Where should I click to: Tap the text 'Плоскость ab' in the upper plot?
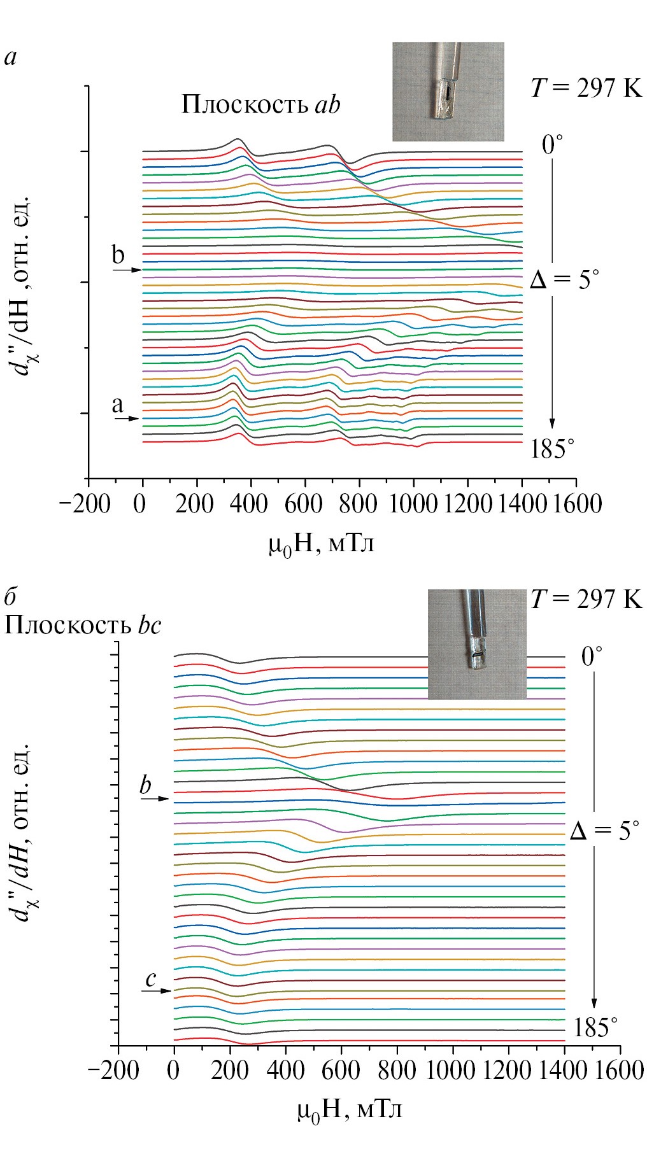[x=260, y=104]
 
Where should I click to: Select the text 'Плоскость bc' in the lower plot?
[x=83, y=626]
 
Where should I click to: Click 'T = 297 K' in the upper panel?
[x=587, y=88]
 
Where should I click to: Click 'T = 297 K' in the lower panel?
[x=587, y=599]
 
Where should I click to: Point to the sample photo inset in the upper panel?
[x=448, y=92]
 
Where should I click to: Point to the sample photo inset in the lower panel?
[x=477, y=644]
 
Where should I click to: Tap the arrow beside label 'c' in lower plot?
[x=157, y=990]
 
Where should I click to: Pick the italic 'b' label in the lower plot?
[x=146, y=785]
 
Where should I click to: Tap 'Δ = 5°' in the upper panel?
[x=564, y=279]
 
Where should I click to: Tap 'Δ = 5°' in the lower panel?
[x=604, y=830]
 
